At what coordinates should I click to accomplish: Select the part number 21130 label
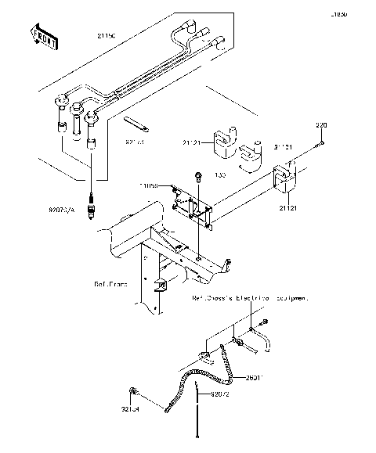coord(108,37)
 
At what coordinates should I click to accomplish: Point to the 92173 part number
coord(136,143)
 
